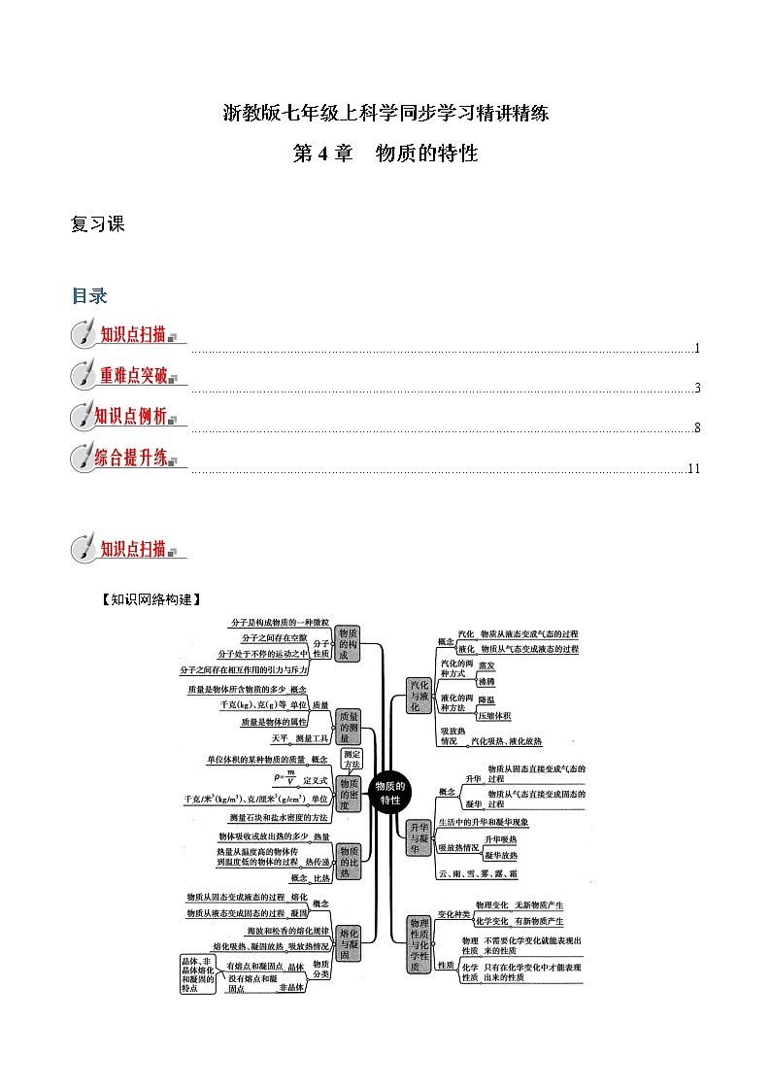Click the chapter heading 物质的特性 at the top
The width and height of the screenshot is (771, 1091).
coord(427,153)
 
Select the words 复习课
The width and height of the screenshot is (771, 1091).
coord(98,224)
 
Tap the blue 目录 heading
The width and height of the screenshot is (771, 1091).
coord(89,296)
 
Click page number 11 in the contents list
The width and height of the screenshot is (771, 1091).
coord(693,469)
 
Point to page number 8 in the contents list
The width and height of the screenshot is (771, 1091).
coord(697,428)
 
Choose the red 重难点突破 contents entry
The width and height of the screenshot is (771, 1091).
coord(134,375)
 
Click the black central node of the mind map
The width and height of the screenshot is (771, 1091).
coord(391,792)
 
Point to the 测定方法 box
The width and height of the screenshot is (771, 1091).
coord(352,760)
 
